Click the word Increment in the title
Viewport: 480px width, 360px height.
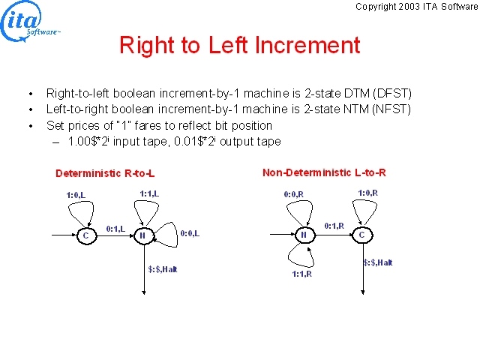tap(307, 45)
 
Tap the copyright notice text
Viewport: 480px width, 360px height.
tap(417, 7)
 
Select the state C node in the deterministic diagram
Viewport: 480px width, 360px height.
tap(87, 235)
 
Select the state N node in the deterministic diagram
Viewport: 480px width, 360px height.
tap(143, 235)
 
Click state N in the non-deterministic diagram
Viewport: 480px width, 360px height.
tap(304, 235)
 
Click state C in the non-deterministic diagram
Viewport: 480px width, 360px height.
tap(362, 235)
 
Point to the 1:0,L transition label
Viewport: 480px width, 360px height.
tap(76, 195)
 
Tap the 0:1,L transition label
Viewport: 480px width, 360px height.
tap(115, 229)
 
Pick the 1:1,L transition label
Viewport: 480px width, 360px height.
tap(149, 193)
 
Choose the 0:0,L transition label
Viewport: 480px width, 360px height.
tap(190, 233)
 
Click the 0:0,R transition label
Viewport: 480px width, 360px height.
tap(294, 194)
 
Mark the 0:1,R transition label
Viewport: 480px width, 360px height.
tap(334, 226)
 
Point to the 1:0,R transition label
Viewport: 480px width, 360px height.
tap(368, 193)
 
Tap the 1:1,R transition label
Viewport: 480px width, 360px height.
tap(301, 274)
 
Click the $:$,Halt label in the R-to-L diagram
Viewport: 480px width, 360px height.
tap(163, 269)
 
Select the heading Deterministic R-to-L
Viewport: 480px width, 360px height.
tap(105, 173)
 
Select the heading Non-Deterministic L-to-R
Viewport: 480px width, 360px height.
tap(324, 172)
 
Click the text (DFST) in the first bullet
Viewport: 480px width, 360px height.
tap(392, 93)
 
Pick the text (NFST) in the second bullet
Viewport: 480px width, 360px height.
tap(391, 109)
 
